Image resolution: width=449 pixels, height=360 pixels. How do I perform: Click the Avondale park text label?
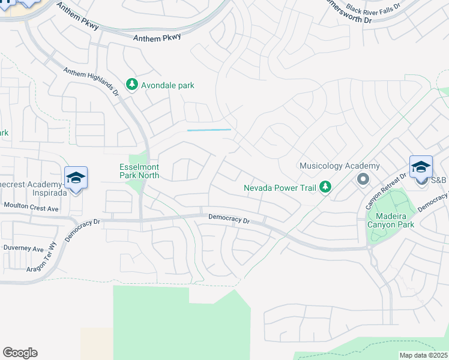coord(167,86)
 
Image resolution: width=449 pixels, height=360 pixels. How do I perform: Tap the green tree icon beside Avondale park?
coord(132,86)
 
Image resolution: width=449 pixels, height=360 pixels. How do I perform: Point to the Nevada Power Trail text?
coord(280,188)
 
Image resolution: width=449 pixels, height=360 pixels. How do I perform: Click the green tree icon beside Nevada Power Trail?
coord(325,188)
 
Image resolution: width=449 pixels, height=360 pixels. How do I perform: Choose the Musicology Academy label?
coord(340,166)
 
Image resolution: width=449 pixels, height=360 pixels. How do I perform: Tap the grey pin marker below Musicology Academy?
coord(363,179)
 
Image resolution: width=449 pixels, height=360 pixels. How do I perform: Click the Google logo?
coord(20,353)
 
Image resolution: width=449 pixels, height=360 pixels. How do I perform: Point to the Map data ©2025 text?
coord(424,355)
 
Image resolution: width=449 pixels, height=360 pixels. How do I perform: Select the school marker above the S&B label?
coord(421,167)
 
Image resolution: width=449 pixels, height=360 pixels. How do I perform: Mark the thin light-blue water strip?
coord(209,130)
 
